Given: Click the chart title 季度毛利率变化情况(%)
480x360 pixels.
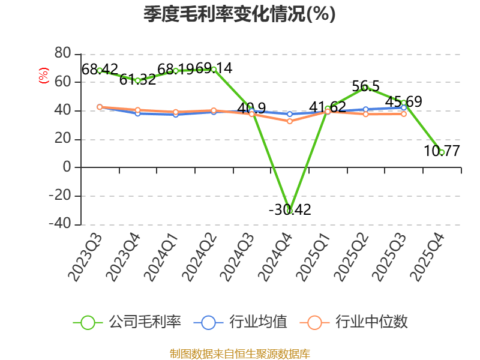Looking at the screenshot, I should pos(239,14).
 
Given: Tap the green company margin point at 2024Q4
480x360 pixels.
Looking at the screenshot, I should pos(290,211).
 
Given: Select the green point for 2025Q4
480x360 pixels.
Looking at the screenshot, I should pos(442,152).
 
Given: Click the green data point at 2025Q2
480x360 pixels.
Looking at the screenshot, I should pos(365,88).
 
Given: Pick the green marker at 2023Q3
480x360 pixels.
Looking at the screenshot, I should pos(100,70).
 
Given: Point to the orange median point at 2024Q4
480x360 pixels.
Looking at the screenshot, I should pos(290,121).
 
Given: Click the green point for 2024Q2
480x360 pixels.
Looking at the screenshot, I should pos(214,70).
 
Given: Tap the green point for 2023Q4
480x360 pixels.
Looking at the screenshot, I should pos(137,80).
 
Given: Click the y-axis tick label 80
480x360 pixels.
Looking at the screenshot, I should pos(62,54).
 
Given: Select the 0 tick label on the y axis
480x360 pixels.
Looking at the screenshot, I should pos(67,167).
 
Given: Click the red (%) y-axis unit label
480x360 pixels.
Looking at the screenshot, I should pos(43,76).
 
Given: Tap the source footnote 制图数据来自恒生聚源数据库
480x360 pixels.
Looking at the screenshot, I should pos(239,353).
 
